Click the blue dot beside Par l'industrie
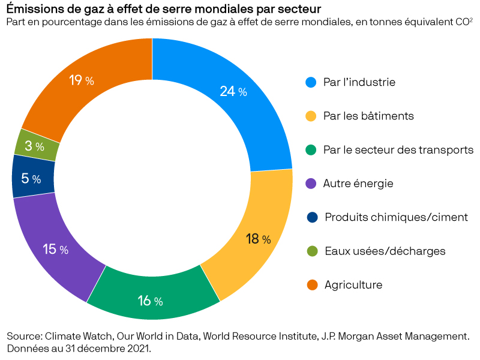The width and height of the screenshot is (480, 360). pos(311,82)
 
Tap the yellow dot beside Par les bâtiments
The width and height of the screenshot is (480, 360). pos(311,116)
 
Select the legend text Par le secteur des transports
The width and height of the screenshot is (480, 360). pos(398,149)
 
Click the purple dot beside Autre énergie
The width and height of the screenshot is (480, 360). pos(311,183)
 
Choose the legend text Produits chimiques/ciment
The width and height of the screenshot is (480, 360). pos(396,217)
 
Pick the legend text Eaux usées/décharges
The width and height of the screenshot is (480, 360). pos(385,251)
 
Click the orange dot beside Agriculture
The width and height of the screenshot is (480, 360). pos(311,284)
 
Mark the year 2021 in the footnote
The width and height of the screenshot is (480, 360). pos(136,349)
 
